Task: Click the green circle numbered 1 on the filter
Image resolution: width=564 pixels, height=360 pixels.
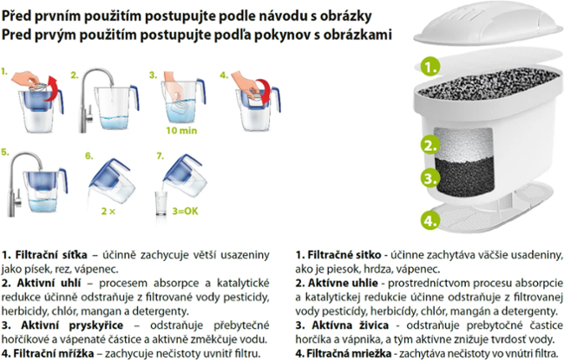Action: point(430,67)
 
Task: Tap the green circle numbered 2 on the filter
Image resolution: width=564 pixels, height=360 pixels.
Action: point(430,145)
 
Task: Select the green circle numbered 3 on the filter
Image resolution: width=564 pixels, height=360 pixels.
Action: point(430,178)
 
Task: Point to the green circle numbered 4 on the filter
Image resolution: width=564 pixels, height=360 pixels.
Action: point(430,220)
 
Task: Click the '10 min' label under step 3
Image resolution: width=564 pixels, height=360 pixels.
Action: point(181,130)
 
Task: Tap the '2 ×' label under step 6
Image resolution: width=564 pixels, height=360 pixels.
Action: point(108,211)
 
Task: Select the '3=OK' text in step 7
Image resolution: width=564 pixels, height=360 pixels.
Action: point(185,211)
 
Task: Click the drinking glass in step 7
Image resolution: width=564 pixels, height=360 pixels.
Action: point(161,204)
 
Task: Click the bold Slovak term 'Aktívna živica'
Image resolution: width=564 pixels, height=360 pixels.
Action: point(351,325)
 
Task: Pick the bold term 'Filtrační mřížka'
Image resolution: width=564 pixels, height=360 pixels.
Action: point(54,353)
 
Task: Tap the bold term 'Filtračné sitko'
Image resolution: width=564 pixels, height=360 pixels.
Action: point(344,255)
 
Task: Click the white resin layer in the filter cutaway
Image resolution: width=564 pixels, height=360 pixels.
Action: point(463,143)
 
